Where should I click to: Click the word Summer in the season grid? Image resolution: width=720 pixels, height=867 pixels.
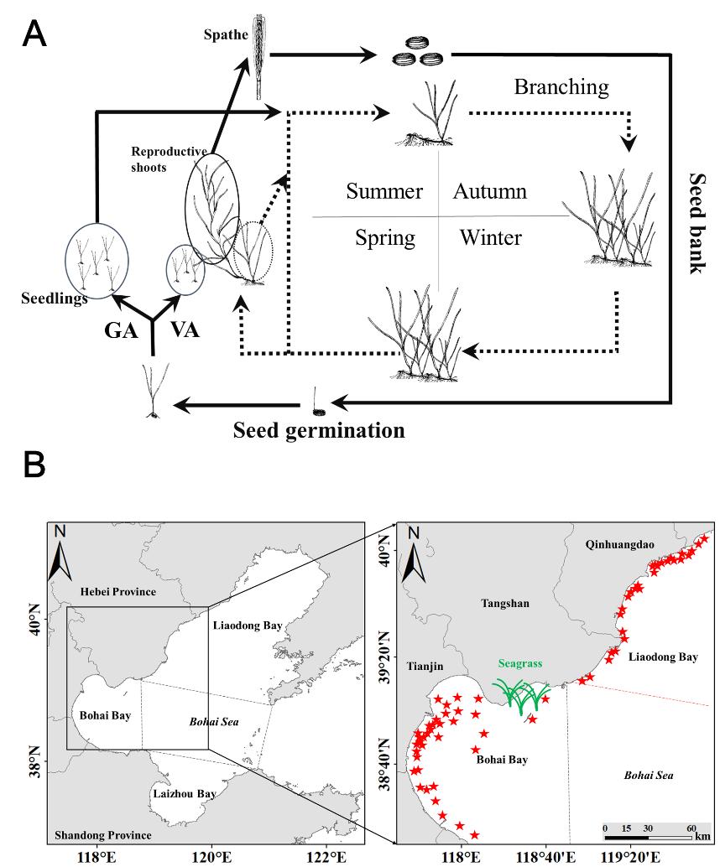click(x=383, y=191)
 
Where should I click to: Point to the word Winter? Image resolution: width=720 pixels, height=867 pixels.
click(x=490, y=238)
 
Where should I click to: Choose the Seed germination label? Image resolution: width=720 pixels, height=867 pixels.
click(x=319, y=431)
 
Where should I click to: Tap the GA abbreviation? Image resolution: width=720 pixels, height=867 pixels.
click(x=120, y=330)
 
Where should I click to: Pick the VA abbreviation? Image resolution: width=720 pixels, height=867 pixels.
click(x=184, y=330)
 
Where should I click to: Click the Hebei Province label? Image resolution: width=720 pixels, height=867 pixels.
click(x=118, y=592)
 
